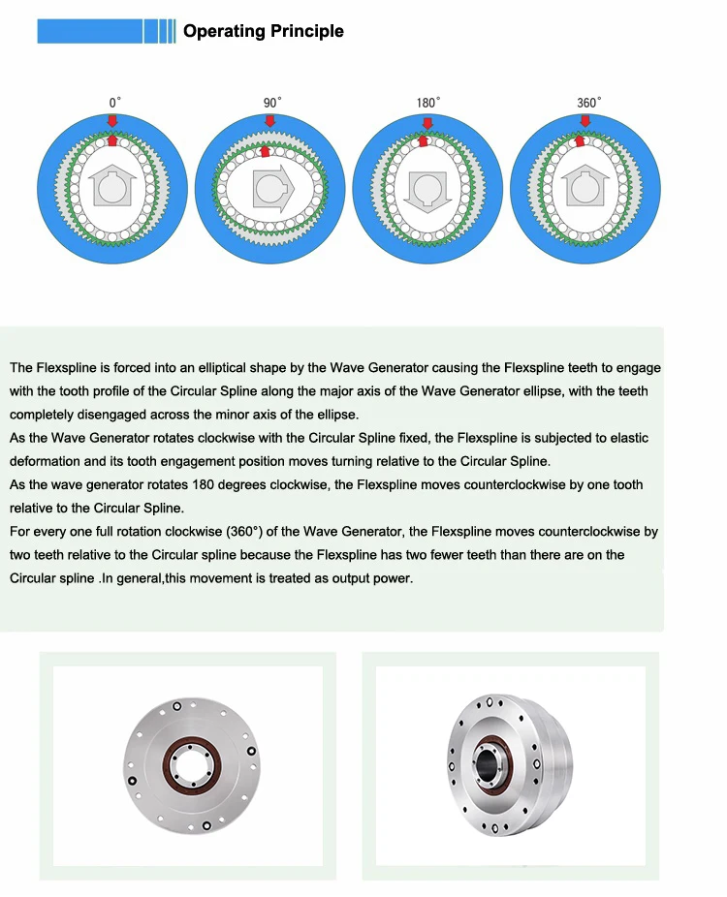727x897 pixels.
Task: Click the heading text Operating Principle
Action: [x=263, y=31]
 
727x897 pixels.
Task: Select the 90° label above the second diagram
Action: [x=272, y=102]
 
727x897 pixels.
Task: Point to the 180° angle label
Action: [x=427, y=102]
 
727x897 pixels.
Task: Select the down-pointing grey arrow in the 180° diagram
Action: [x=427, y=188]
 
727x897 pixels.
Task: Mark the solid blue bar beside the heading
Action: [x=90, y=31]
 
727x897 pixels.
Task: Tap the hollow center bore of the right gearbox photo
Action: [x=489, y=762]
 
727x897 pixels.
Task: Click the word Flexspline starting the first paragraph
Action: [x=65, y=368]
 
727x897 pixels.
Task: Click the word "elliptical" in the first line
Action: [x=232, y=368]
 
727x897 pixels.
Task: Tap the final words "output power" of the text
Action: [x=376, y=578]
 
